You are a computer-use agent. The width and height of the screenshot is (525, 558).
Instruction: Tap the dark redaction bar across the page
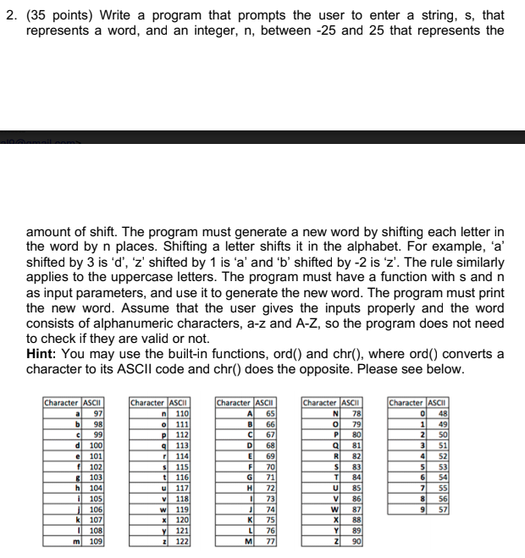coord(262,136)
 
